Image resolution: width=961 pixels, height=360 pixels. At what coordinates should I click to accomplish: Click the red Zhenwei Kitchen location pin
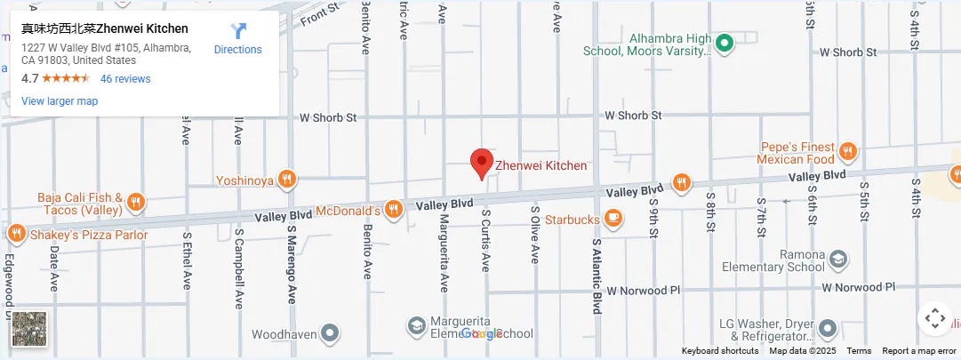[x=481, y=164]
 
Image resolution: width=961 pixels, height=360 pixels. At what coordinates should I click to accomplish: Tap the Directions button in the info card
[x=238, y=39]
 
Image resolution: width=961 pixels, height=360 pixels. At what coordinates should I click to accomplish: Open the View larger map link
[x=60, y=101]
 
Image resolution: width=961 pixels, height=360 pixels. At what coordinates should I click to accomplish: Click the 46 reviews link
[x=125, y=78]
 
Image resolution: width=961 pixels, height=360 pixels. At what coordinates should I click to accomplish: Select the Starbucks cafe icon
[x=613, y=218]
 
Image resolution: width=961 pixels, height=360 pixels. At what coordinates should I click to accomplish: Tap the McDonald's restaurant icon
[x=394, y=209]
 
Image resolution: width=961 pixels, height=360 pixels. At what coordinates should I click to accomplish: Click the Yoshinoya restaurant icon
[x=286, y=180]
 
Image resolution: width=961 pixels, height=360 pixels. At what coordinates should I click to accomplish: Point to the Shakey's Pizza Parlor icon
[x=16, y=234]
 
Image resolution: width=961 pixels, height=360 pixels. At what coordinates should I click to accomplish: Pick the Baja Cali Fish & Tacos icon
[x=136, y=202]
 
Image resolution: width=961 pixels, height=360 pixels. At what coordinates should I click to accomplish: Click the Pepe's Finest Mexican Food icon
[x=847, y=152]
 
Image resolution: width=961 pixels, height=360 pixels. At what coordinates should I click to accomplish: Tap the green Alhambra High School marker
[x=725, y=42]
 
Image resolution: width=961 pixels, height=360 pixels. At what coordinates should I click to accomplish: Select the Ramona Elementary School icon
[x=837, y=260]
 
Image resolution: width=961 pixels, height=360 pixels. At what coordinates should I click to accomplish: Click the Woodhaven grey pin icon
[x=331, y=333]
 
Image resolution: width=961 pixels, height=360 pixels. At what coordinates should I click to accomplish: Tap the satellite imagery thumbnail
[x=29, y=329]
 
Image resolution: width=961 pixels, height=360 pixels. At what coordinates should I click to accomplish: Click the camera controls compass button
[x=934, y=318]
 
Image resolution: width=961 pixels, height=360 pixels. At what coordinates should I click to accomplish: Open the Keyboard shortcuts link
[x=720, y=351]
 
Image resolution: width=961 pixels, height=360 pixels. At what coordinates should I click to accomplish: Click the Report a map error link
[x=919, y=351]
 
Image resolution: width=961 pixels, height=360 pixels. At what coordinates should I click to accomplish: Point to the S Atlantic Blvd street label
[x=597, y=276]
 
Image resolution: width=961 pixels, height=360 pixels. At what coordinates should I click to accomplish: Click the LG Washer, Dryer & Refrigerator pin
[x=827, y=329]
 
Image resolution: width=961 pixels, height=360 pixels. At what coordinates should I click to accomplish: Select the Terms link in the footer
[x=859, y=351]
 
